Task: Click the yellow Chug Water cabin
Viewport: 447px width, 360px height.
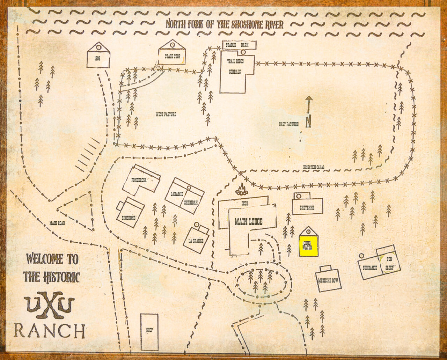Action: click(309, 245)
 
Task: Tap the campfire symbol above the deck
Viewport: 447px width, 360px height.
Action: click(241, 190)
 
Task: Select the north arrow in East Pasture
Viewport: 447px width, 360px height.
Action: click(308, 112)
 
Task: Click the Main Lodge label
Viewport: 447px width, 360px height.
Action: click(248, 221)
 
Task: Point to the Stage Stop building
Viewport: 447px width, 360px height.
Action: click(172, 56)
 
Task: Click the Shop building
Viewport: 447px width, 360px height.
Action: click(149, 331)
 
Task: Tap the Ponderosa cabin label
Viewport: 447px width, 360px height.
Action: click(139, 181)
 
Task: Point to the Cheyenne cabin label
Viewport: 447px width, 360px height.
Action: click(307, 207)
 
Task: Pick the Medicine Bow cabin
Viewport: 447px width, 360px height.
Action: click(328, 280)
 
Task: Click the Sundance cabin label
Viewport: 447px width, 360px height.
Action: click(370, 268)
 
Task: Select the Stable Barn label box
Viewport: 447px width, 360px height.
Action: click(239, 45)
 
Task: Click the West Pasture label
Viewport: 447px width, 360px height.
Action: click(166, 114)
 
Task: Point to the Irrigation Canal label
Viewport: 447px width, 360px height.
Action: click(313, 167)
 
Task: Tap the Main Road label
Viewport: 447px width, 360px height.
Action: click(57, 223)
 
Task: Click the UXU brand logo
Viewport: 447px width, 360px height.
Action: click(50, 305)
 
